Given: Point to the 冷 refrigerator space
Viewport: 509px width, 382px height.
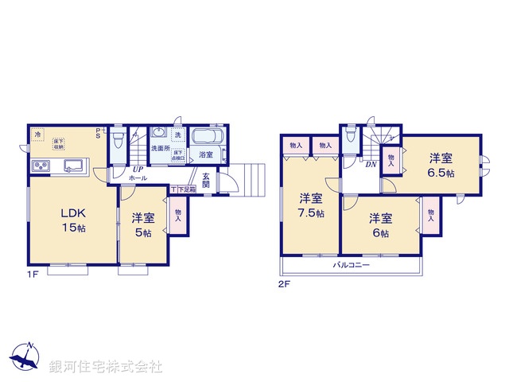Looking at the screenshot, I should (x=38, y=136).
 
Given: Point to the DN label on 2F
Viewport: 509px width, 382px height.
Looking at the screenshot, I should (x=371, y=166).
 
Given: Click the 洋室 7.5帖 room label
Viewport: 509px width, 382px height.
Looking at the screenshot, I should (x=311, y=205).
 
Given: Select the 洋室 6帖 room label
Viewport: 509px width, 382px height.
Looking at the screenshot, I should (x=380, y=225).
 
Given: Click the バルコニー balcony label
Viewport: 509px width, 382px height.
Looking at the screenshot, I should (x=350, y=265).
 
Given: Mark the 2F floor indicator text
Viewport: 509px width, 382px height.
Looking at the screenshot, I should (x=282, y=283).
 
